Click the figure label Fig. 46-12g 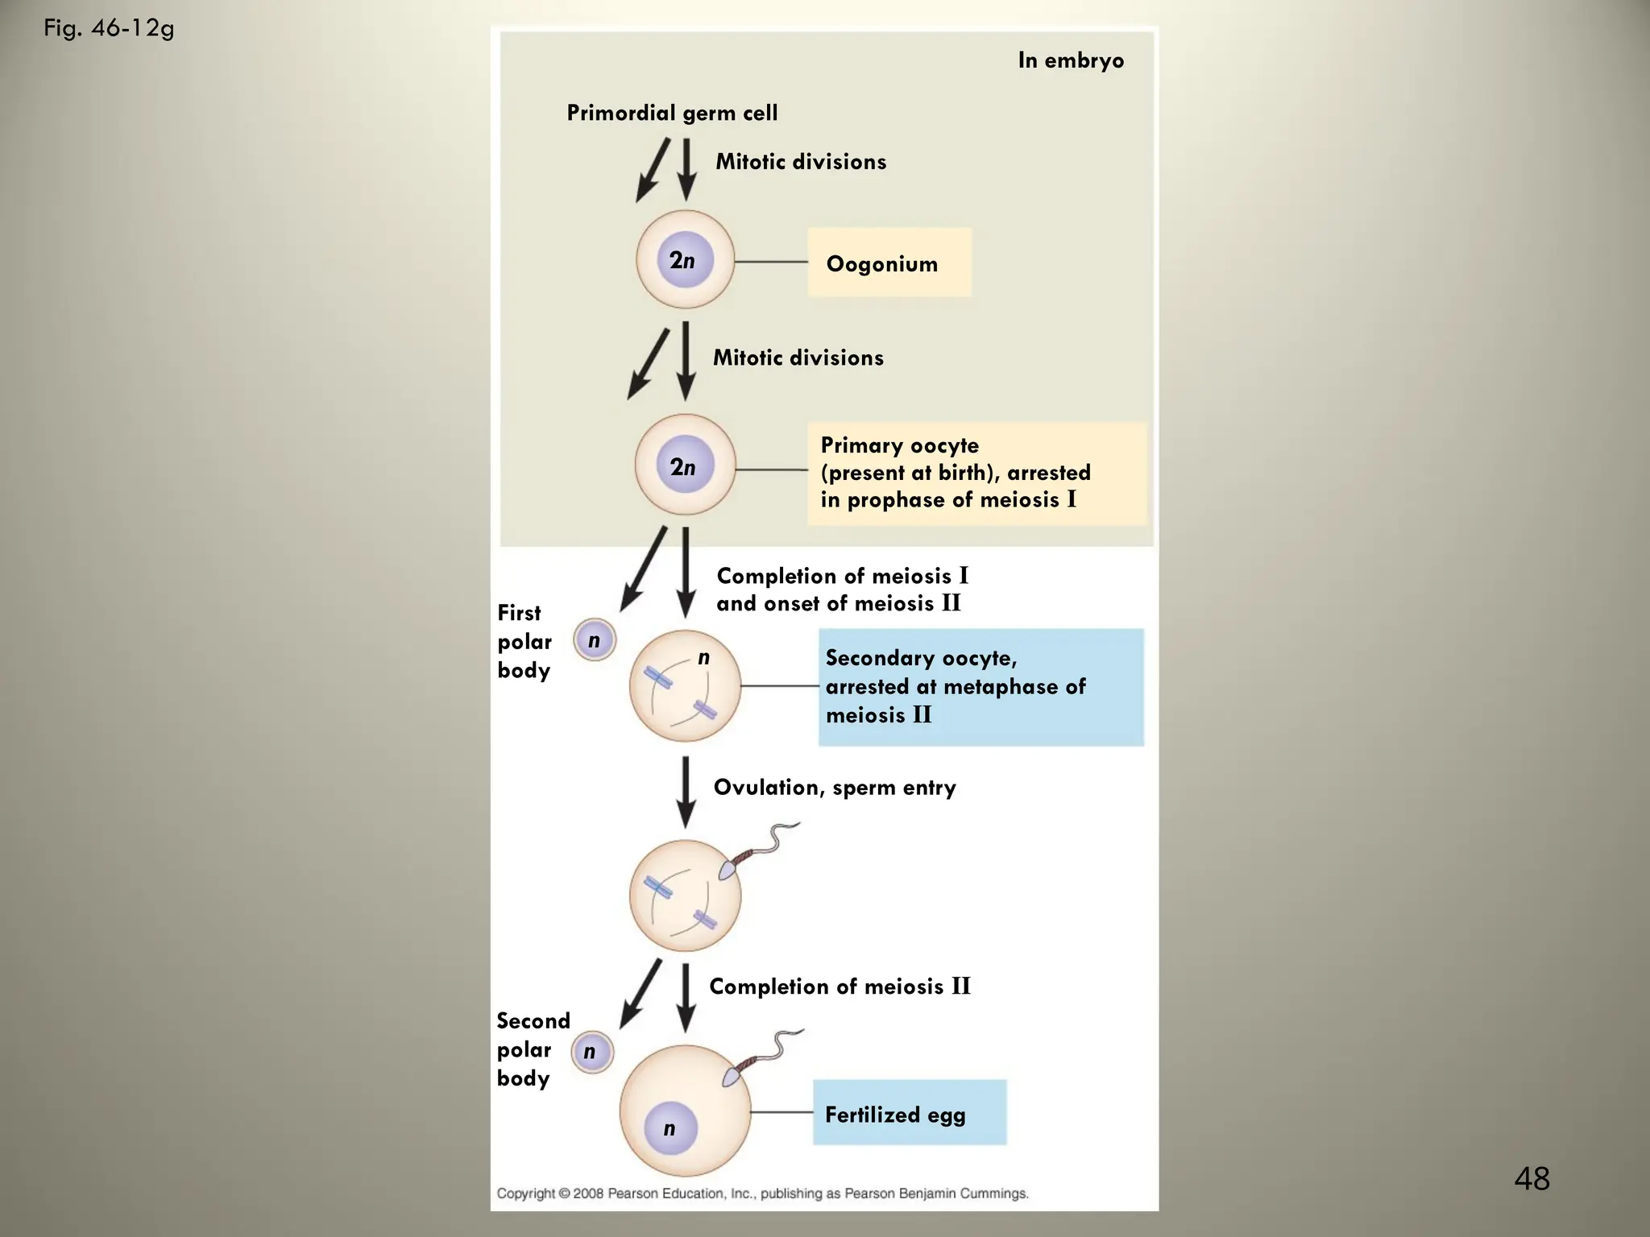pos(109,29)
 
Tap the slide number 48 pos(1532,1178)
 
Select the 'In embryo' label pos(1070,60)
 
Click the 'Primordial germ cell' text pos(672,113)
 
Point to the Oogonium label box pos(889,263)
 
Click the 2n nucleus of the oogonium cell pos(684,260)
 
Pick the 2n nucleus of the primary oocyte pos(684,465)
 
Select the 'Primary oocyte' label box pos(976,474)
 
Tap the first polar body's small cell pos(595,640)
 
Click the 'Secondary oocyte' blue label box pos(980,687)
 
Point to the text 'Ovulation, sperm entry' pos(835,788)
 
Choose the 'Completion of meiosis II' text pos(840,987)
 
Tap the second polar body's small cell pos(592,1052)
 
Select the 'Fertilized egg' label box pos(909,1114)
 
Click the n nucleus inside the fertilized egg pos(670,1128)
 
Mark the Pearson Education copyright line pos(762,1194)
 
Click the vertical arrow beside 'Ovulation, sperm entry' pos(686,791)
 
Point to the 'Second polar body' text pos(532,1049)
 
